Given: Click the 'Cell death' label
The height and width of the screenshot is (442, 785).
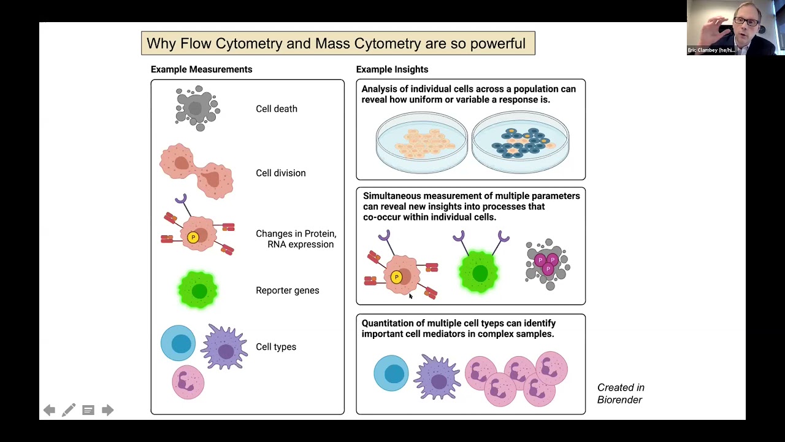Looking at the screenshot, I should tap(276, 109).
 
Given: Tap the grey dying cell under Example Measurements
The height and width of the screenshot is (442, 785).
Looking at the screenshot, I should tap(196, 108).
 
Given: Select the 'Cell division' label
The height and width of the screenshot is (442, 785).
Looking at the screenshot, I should tap(280, 173).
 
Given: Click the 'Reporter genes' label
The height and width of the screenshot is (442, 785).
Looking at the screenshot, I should tap(287, 290).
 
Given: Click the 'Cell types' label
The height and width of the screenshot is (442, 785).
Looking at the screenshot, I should tap(275, 347).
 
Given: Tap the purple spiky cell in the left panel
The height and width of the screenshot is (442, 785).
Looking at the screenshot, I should tap(224, 348).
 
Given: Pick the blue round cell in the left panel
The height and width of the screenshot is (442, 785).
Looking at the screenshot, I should tap(178, 343).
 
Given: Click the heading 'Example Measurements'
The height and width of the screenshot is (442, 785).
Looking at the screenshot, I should tap(201, 69).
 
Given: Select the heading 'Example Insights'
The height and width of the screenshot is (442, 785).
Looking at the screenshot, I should tap(392, 69).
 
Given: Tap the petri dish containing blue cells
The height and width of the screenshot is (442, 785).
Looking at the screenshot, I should tap(520, 142).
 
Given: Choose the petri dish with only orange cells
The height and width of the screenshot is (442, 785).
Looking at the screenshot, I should tap(421, 142).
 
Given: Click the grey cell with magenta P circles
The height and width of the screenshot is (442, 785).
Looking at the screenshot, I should tap(548, 264).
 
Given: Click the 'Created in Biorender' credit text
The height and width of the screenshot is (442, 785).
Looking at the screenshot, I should tap(620, 394).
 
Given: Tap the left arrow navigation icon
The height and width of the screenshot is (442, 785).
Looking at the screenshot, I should tap(49, 410).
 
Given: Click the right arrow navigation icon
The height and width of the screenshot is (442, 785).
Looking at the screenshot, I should tap(107, 410).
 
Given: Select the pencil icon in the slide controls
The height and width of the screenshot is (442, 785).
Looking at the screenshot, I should tap(69, 410).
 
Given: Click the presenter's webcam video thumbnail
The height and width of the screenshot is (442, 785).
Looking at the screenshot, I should tap(735, 28).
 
